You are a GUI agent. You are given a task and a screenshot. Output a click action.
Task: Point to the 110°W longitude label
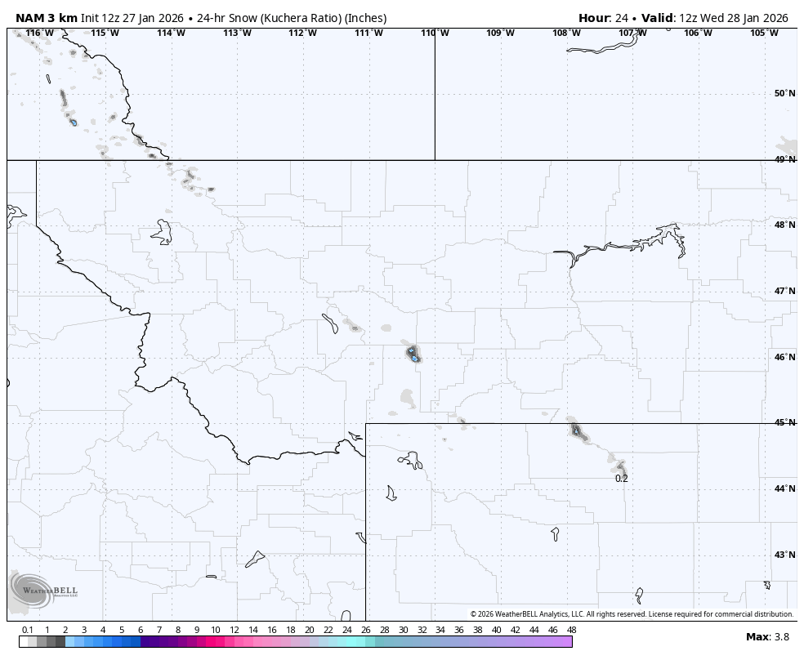point(435,33)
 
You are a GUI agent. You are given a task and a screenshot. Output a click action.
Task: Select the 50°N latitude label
point(784,93)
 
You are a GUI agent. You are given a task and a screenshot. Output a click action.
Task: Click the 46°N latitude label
point(784,357)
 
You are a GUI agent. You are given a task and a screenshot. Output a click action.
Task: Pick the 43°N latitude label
point(784,555)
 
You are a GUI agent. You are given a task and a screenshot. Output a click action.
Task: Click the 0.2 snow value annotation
point(622,479)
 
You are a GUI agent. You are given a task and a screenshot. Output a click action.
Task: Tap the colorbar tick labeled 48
point(571,630)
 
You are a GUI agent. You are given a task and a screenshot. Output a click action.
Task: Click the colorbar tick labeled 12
point(234,630)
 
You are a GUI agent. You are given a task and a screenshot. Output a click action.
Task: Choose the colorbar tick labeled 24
point(347,630)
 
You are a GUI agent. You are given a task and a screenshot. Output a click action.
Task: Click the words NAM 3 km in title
point(47,18)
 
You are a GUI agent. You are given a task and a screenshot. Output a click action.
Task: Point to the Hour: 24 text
point(604,18)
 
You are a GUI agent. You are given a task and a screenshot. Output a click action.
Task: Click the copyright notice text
point(632,614)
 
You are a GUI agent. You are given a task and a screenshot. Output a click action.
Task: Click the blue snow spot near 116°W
point(74,123)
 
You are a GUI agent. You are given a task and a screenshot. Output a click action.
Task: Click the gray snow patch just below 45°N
point(577,430)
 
